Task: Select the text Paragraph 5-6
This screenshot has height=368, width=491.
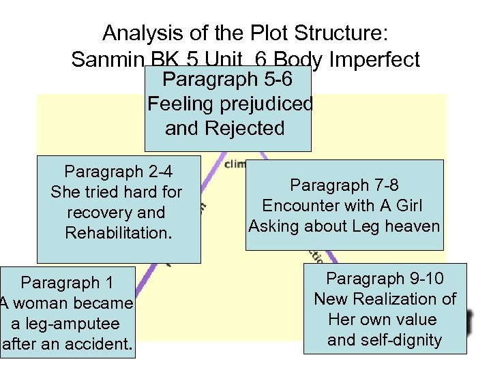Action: click(228, 80)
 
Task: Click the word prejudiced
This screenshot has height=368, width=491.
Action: click(271, 104)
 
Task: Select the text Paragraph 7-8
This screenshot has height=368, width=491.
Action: click(344, 185)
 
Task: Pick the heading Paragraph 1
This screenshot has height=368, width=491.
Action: click(68, 282)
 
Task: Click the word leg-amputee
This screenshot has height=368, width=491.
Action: click(74, 324)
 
